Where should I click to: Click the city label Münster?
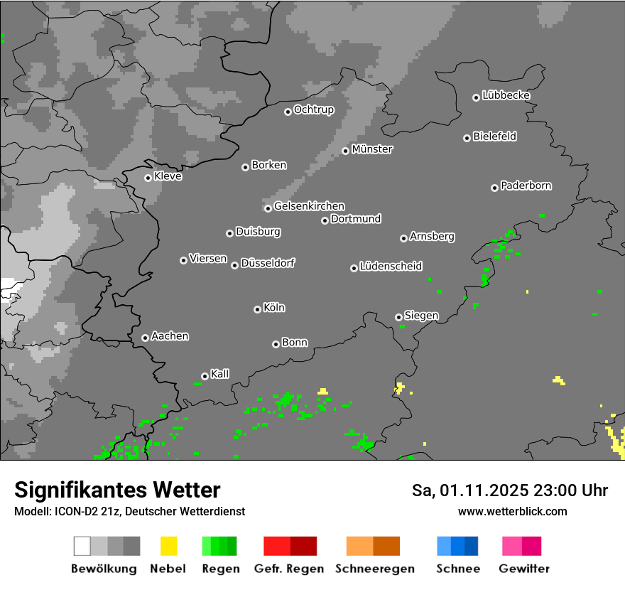tap(372, 149)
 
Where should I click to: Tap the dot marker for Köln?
tap(257, 309)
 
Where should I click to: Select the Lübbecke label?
tap(506, 95)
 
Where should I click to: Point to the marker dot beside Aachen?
tap(145, 338)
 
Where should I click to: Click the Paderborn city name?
tap(526, 186)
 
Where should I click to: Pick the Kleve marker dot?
tap(148, 178)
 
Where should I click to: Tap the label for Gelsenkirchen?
tap(309, 206)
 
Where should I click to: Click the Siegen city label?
tap(421, 316)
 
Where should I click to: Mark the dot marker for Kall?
tap(205, 376)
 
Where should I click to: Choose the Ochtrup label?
tap(313, 109)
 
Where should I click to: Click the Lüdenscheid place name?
tap(391, 267)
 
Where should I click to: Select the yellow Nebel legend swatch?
tap(169, 546)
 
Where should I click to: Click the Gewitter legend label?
tap(524, 569)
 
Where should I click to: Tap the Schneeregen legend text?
tap(374, 569)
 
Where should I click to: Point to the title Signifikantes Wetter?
tap(117, 490)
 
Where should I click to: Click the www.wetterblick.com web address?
tap(512, 511)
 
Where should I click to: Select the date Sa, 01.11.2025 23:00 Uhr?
tap(509, 490)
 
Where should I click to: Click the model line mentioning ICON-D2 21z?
tap(129, 511)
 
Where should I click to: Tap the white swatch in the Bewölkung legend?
tap(82, 546)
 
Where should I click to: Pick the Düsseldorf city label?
tap(268, 263)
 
